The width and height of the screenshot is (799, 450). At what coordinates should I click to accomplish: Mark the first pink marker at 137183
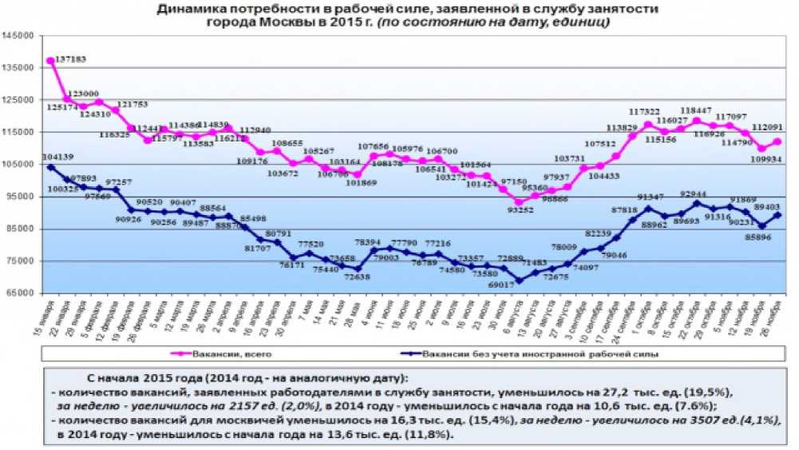click(51, 61)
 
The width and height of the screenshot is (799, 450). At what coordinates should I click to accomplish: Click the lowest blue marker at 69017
click(519, 281)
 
